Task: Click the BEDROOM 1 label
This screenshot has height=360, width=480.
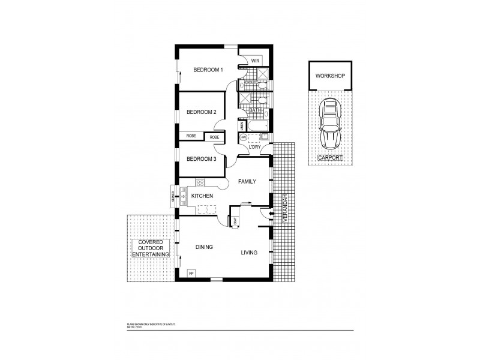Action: (208, 70)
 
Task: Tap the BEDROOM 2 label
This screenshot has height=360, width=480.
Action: (201, 112)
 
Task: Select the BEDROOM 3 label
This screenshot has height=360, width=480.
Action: (201, 159)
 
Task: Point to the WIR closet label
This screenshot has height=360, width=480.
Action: (254, 61)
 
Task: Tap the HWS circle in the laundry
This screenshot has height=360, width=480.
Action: (244, 138)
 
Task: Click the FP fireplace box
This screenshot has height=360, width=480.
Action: (191, 273)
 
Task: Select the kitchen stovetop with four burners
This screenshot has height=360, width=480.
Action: (200, 183)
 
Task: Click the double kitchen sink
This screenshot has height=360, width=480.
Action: (182, 197)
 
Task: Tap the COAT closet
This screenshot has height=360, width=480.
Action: (235, 221)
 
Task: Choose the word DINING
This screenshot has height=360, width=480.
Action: (204, 247)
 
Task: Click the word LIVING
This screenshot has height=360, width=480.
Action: (250, 253)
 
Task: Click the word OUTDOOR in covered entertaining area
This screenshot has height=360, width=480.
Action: (150, 248)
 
